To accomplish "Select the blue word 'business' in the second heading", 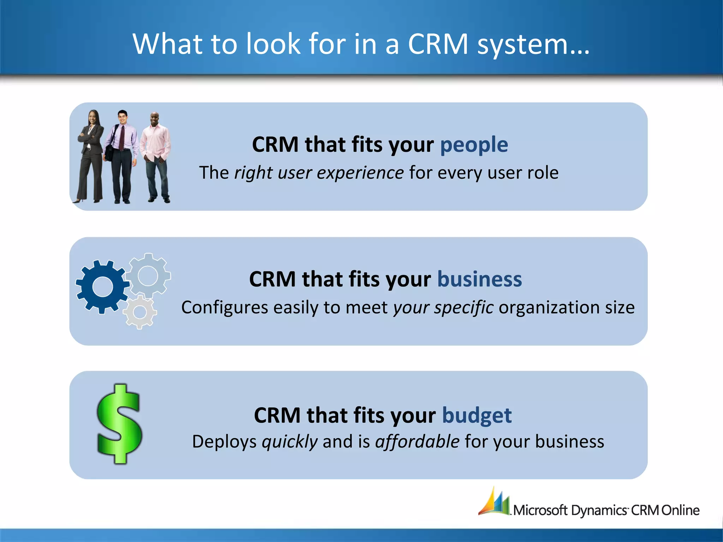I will click(479, 279).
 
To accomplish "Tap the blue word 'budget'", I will click(477, 415).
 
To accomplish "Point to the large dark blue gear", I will click(102, 287).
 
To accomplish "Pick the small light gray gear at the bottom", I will click(140, 312).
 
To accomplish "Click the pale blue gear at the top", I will click(148, 275).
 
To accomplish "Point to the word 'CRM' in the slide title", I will click(438, 44).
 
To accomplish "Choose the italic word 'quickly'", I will click(289, 442).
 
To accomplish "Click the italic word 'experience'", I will click(360, 173).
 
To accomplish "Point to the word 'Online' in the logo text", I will click(680, 510).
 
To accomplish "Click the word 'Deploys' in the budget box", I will click(224, 442).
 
